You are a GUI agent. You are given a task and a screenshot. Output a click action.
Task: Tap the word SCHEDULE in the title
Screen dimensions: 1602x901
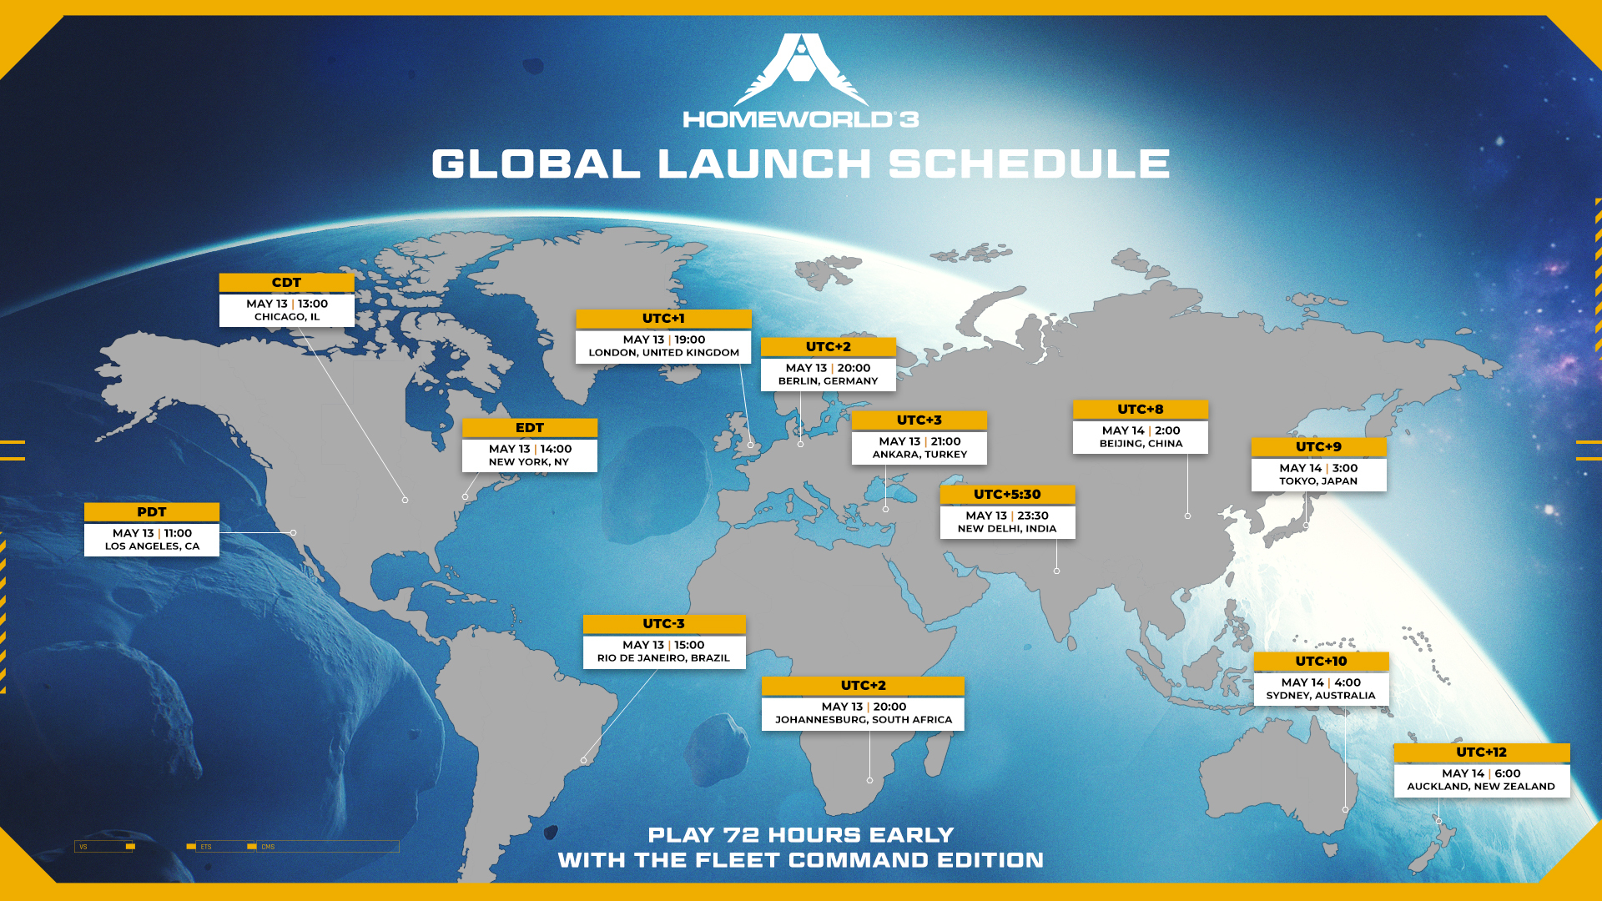(x=1029, y=164)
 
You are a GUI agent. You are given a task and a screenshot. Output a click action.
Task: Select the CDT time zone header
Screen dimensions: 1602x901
(x=287, y=283)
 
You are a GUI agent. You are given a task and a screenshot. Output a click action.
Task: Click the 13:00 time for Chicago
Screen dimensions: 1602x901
(x=313, y=304)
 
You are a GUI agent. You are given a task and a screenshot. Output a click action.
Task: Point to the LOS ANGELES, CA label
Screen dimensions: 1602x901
(x=152, y=546)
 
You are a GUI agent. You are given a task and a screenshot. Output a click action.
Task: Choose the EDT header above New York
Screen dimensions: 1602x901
(x=530, y=428)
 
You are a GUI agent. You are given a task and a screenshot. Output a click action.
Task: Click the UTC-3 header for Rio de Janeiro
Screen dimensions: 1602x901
(x=664, y=624)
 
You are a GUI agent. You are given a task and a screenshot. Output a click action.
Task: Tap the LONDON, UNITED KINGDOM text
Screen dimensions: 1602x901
(x=664, y=353)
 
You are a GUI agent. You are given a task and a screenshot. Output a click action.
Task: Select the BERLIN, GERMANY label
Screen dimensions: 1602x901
(x=829, y=381)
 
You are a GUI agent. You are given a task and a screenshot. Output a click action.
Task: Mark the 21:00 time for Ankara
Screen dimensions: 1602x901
(x=946, y=441)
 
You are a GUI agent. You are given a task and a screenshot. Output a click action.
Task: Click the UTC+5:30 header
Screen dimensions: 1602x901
(x=1007, y=495)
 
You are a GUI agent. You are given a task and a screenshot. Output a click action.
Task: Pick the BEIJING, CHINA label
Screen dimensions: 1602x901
(x=1141, y=444)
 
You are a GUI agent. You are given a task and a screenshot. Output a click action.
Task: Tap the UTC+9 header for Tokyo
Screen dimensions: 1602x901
(x=1319, y=447)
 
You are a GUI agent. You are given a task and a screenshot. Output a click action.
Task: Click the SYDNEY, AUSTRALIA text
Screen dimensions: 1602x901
(x=1321, y=696)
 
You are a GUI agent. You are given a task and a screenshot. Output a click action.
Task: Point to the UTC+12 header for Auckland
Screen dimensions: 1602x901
(x=1482, y=753)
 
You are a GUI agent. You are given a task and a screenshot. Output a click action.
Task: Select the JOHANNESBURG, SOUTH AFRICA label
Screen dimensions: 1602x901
(x=864, y=720)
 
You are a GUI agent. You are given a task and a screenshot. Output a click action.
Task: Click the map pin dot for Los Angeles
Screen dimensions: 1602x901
(x=294, y=532)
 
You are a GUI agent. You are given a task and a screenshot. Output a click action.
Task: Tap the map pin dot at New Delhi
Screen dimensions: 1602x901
(x=1056, y=571)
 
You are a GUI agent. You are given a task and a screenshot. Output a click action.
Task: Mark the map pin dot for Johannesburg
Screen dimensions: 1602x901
(x=869, y=780)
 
